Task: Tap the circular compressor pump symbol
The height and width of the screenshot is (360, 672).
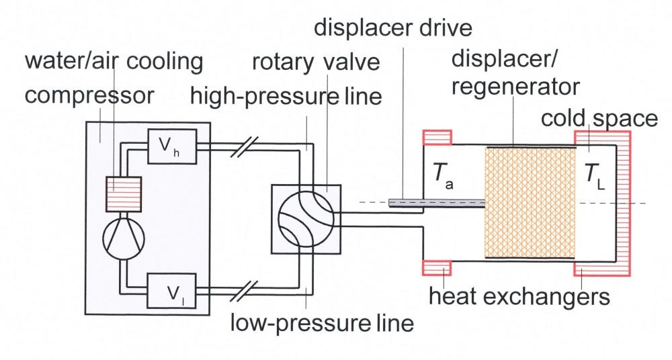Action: click(124, 237)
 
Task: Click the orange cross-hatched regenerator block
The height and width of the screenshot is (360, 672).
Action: click(529, 202)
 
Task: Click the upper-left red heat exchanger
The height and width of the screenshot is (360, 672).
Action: click(437, 137)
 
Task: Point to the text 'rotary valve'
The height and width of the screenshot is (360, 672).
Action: click(317, 62)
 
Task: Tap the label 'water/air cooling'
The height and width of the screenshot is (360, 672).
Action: click(114, 62)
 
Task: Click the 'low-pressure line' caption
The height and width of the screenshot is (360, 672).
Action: click(321, 322)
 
